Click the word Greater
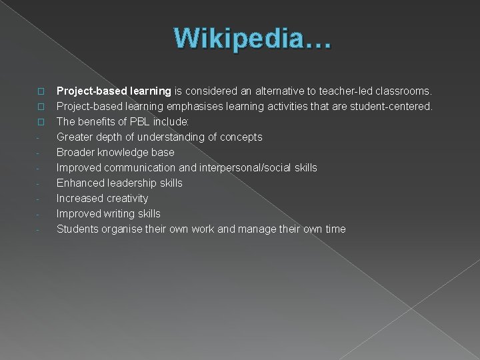click(x=75, y=137)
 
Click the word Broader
click(x=75, y=152)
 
